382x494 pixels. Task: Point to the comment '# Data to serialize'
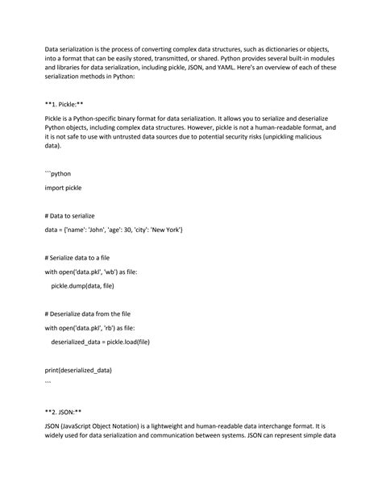tap(76, 216)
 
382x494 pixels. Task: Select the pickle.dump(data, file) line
tap(83, 285)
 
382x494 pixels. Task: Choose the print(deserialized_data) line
tap(79, 370)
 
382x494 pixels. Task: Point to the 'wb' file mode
tap(108, 272)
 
